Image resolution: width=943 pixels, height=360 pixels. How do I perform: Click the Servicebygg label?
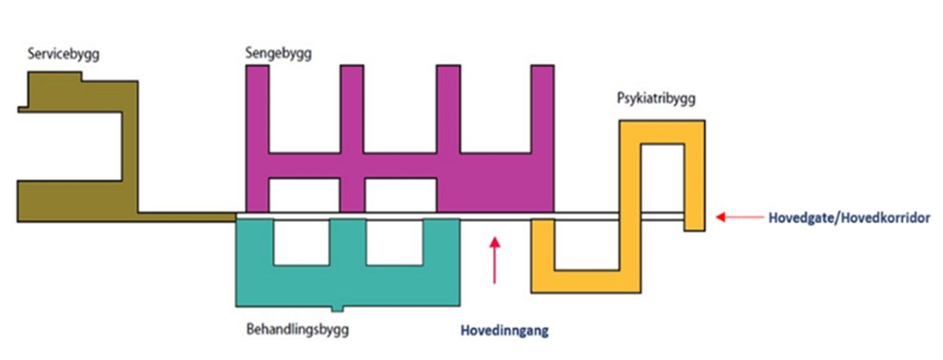tap(64, 54)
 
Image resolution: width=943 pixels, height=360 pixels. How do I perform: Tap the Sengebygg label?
tap(278, 52)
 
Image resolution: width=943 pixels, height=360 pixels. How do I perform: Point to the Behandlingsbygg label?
tap(297, 329)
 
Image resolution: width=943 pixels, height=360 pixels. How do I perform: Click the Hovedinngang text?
tap(504, 330)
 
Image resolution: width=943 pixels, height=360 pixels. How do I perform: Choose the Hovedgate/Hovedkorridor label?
tap(849, 217)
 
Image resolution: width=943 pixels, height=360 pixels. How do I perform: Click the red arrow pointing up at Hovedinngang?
tap(494, 259)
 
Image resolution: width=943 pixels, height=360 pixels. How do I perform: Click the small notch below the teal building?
tap(338, 309)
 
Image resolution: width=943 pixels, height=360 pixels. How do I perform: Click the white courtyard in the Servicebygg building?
tap(69, 146)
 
